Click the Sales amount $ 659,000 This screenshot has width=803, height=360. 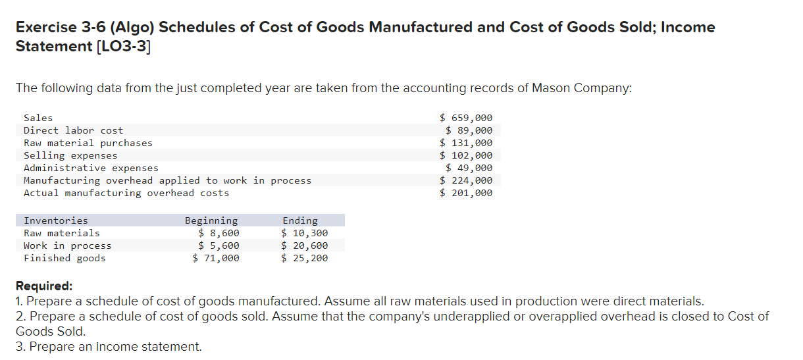click(x=466, y=118)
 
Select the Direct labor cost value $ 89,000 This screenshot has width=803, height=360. click(x=469, y=130)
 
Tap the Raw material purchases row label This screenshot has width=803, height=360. click(x=88, y=143)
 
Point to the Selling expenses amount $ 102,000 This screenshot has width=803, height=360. click(x=466, y=155)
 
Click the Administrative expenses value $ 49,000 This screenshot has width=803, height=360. click(x=469, y=168)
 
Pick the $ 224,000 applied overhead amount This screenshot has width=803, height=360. click(x=466, y=180)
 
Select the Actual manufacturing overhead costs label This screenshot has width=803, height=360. click(x=126, y=193)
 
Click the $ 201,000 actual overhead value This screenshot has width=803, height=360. click(x=466, y=193)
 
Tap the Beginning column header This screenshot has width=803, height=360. click(x=211, y=220)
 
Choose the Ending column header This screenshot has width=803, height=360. click(x=300, y=220)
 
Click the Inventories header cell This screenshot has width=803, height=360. click(x=56, y=220)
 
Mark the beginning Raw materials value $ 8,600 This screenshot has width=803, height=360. click(x=219, y=233)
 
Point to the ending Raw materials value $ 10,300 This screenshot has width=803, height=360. click(x=304, y=233)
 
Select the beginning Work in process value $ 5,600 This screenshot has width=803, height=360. click(x=219, y=245)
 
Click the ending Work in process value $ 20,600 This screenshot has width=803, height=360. click(x=304, y=245)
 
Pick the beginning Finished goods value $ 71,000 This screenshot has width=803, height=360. click(x=216, y=258)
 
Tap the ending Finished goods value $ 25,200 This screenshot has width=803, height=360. click(x=304, y=258)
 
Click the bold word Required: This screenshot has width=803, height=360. click(x=44, y=286)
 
